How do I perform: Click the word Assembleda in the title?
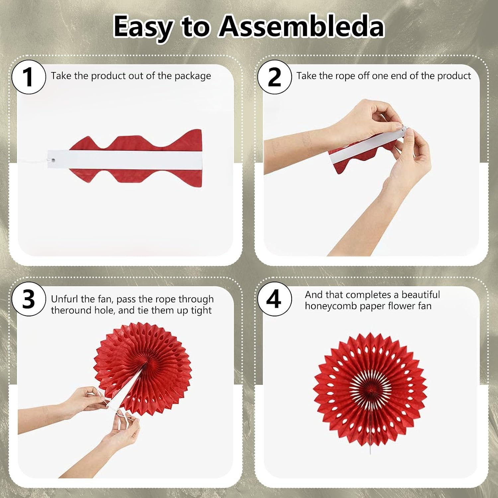tap(301, 26)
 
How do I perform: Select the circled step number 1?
tap(29, 77)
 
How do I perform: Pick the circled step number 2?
tap(275, 77)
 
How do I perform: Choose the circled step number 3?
tap(29, 299)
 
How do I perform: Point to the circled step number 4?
tap(275, 299)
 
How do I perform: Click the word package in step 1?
tap(193, 76)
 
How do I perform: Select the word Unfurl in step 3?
tap(65, 299)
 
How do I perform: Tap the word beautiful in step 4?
tap(421, 294)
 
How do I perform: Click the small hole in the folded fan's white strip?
tap(53, 160)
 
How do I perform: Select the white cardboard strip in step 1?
tap(125, 159)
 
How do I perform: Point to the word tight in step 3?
tap(201, 310)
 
